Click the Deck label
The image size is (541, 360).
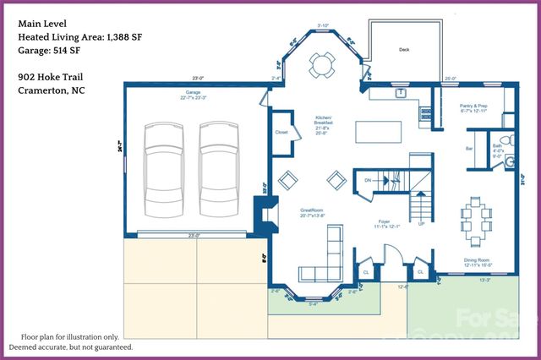coord(404,50)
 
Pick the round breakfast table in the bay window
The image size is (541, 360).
coord(322,63)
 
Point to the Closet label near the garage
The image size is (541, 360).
coord(281,133)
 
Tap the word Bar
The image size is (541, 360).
coord(468,150)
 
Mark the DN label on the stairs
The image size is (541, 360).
coord(368,181)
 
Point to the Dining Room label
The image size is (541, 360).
coord(478,260)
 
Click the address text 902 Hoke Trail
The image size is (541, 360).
coord(48,76)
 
